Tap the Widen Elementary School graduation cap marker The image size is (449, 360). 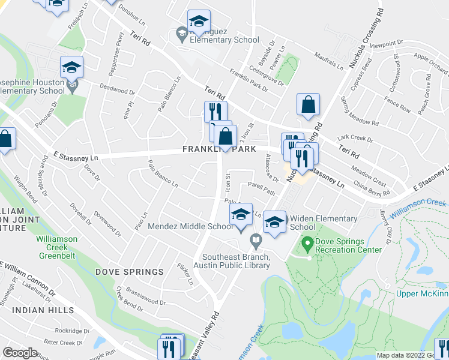pyautogui.click(x=274, y=222)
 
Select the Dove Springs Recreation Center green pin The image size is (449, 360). pyautogui.click(x=308, y=244)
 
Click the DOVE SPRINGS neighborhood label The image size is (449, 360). pyautogui.click(x=129, y=272)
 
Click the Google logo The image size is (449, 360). pyautogui.click(x=20, y=352)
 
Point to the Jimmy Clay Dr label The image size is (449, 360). pyautogui.click(x=385, y=227)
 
